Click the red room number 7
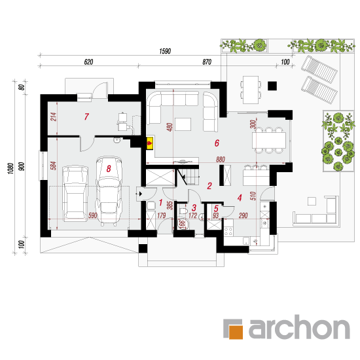pyautogui.click(x=86, y=117)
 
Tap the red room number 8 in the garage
pyautogui.click(x=109, y=169)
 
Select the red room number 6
pyautogui.click(x=217, y=143)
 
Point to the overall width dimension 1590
pyautogui.click(x=165, y=51)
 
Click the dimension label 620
pyautogui.click(x=88, y=62)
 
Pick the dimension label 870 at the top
pyautogui.click(x=207, y=62)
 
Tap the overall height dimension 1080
pyautogui.click(x=10, y=168)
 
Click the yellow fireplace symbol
pyautogui.click(x=150, y=143)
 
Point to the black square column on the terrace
pyautogui.click(x=272, y=86)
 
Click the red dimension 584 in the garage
pyautogui.click(x=53, y=166)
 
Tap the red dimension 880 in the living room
pyautogui.click(x=221, y=159)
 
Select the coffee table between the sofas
pyautogui.click(x=183, y=124)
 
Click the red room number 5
pyautogui.click(x=216, y=209)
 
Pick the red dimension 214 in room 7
pyautogui.click(x=53, y=117)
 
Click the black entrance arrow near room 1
pyautogui.click(x=140, y=194)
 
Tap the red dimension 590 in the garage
pyautogui.click(x=93, y=215)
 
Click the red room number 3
pyautogui.click(x=194, y=207)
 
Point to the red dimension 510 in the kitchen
pyautogui.click(x=253, y=196)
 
